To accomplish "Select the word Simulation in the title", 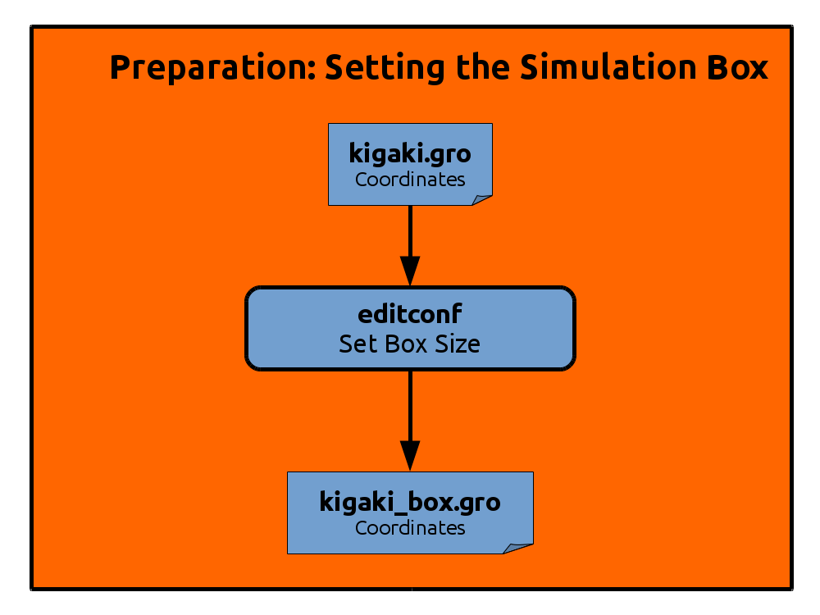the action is (x=608, y=67).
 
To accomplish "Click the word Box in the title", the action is (x=737, y=67).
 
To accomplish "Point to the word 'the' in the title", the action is (x=482, y=67).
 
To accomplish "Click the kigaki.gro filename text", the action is (x=410, y=154).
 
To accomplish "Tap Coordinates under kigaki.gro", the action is (x=410, y=180).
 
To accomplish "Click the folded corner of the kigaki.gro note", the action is (x=481, y=200).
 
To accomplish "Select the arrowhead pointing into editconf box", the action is (x=410, y=271).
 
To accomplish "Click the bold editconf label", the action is (x=410, y=314).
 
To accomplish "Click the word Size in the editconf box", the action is (x=458, y=344).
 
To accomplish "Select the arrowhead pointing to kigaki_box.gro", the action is (x=410, y=455).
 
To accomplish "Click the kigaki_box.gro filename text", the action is (x=410, y=502).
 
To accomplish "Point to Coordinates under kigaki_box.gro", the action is (x=410, y=527).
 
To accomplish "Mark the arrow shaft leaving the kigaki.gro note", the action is (x=410, y=231).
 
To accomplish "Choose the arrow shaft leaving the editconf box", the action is (x=410, y=406).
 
